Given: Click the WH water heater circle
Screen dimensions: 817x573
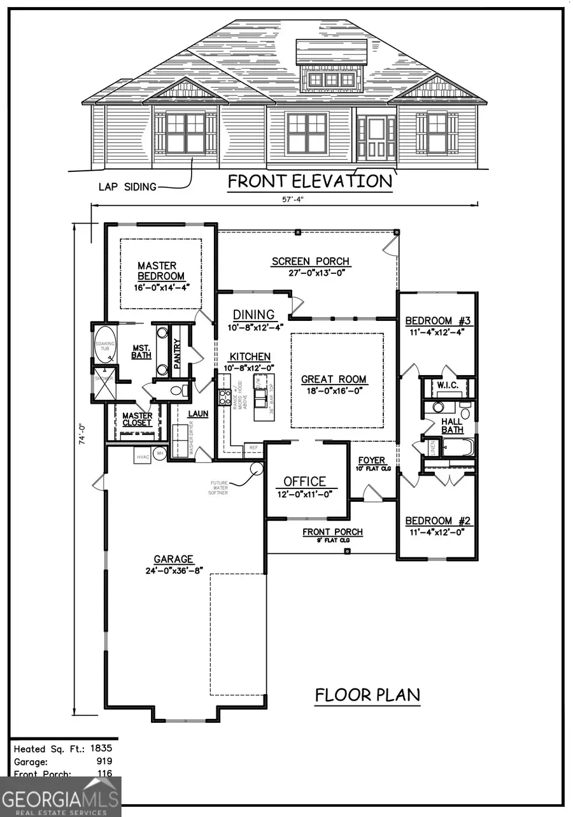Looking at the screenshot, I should (x=160, y=454).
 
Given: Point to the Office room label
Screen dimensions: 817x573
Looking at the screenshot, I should (x=304, y=481).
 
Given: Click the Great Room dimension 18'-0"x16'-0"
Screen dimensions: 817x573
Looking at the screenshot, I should (x=334, y=391).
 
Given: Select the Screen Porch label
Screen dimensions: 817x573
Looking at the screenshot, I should (x=310, y=261).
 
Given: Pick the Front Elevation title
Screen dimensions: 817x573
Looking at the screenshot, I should (x=310, y=181).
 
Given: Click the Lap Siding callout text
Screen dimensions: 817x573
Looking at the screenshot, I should (x=127, y=187).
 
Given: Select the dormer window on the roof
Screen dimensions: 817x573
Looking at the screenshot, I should (x=330, y=80).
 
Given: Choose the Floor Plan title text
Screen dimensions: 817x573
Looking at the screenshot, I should (x=367, y=695).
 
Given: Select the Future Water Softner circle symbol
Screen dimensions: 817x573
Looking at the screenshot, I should (x=257, y=469).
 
